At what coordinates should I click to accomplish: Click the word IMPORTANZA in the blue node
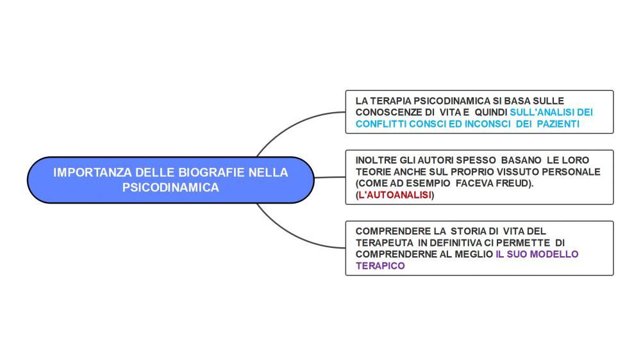(92, 172)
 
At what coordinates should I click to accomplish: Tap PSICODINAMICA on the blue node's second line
(171, 188)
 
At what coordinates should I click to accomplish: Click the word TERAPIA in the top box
(392, 101)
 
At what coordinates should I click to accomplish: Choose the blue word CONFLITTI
(381, 124)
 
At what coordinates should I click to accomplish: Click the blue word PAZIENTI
(558, 124)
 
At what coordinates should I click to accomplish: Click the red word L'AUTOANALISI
(395, 195)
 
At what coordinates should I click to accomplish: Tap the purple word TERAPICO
(380, 266)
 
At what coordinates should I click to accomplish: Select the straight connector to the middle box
(329, 177)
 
